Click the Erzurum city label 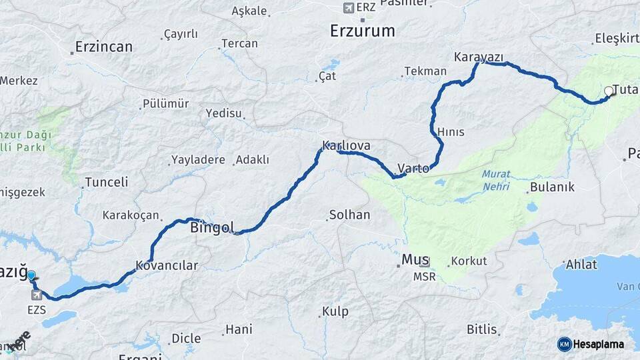363,31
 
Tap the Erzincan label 103,47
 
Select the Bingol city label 212,228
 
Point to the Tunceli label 107,183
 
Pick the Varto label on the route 413,168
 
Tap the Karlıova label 346,145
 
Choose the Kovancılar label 167,265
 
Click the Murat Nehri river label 495,179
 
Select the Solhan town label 349,215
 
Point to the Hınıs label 451,132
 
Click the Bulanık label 552,187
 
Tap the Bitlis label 481,329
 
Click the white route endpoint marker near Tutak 609,92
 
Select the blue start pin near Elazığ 31,275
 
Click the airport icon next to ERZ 347,7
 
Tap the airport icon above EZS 36,295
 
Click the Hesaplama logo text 598,344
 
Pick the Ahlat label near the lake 581,265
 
